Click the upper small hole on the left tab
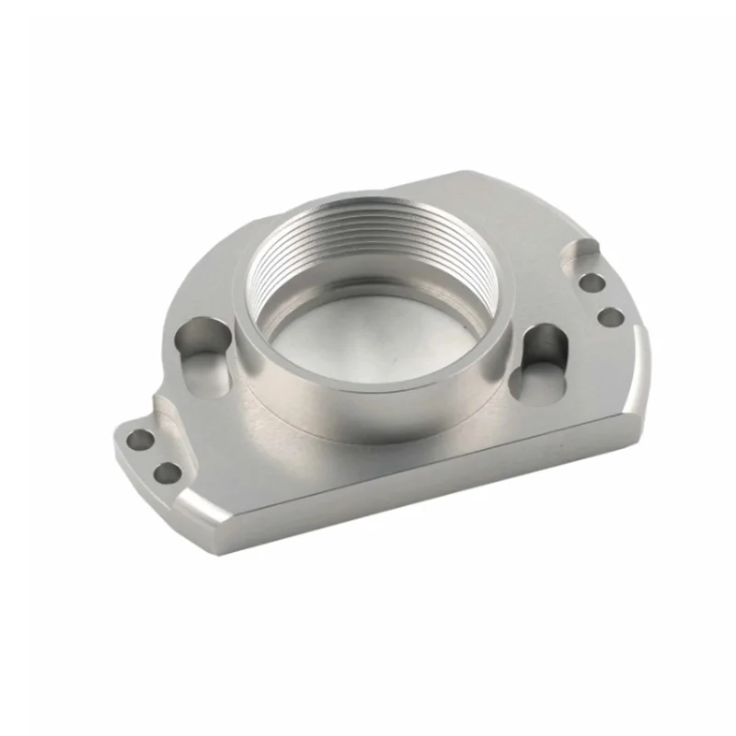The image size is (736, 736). pyautogui.click(x=140, y=440)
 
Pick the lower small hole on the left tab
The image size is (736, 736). pyautogui.click(x=167, y=474)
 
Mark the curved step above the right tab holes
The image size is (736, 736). pyautogui.click(x=581, y=248)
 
